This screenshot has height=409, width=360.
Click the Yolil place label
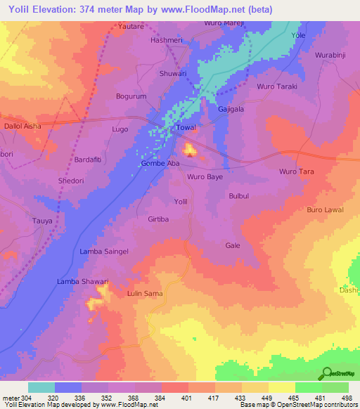pos(181,201)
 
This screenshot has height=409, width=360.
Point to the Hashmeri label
pos(168,41)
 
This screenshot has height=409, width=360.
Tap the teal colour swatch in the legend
pos(41,387)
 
